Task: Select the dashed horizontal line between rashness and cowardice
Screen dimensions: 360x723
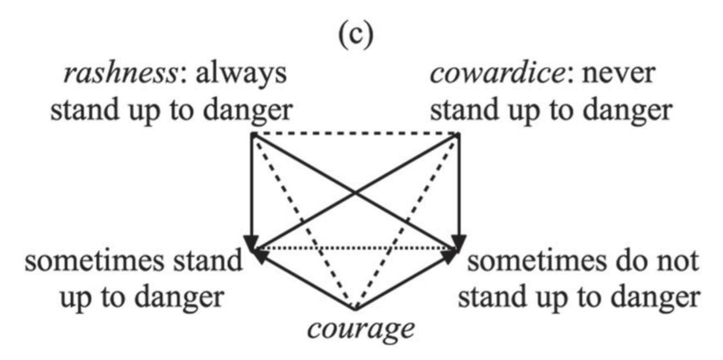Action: [355, 135]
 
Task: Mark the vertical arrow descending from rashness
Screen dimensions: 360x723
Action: [252, 189]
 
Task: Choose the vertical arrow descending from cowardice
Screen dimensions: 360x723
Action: [459, 189]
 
